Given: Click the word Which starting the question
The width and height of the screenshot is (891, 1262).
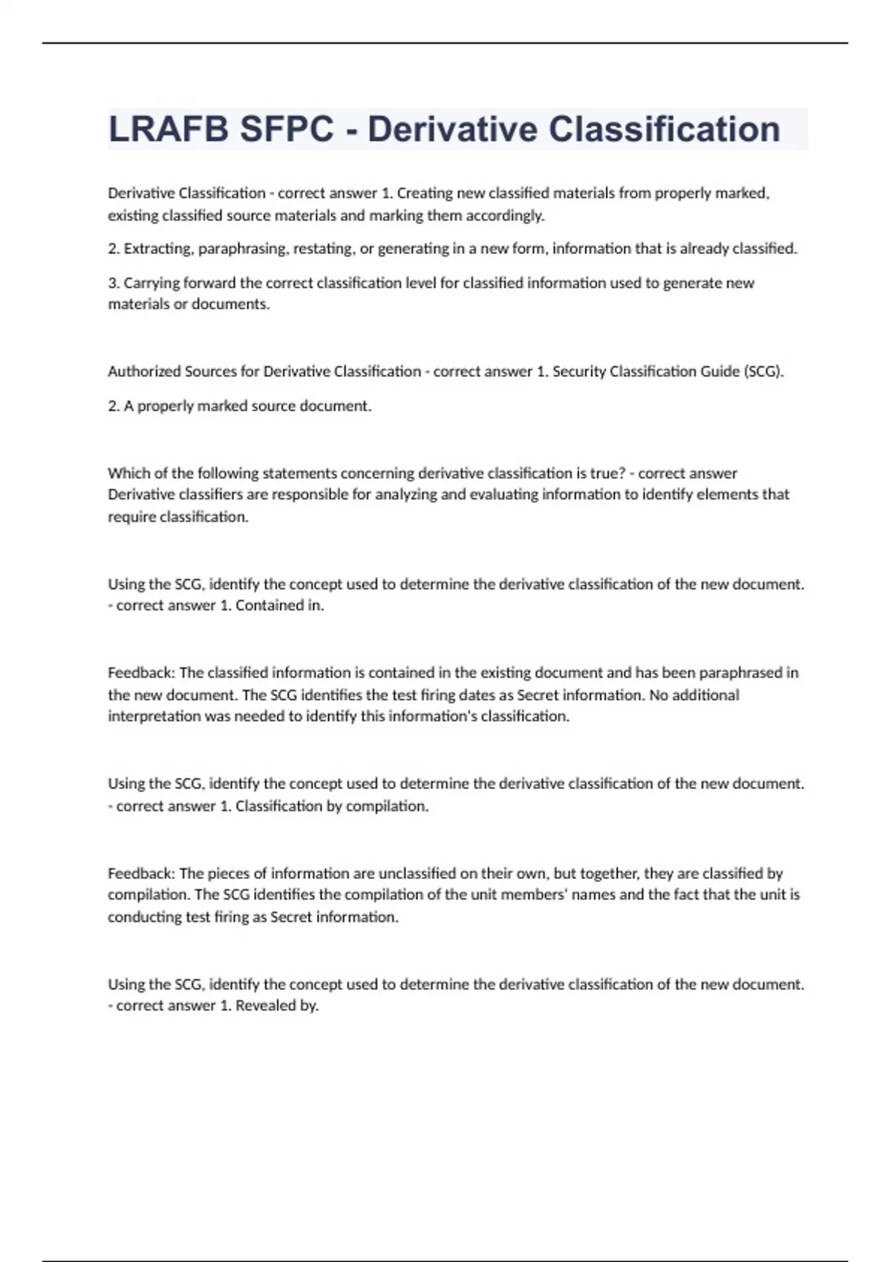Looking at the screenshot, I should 127,473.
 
